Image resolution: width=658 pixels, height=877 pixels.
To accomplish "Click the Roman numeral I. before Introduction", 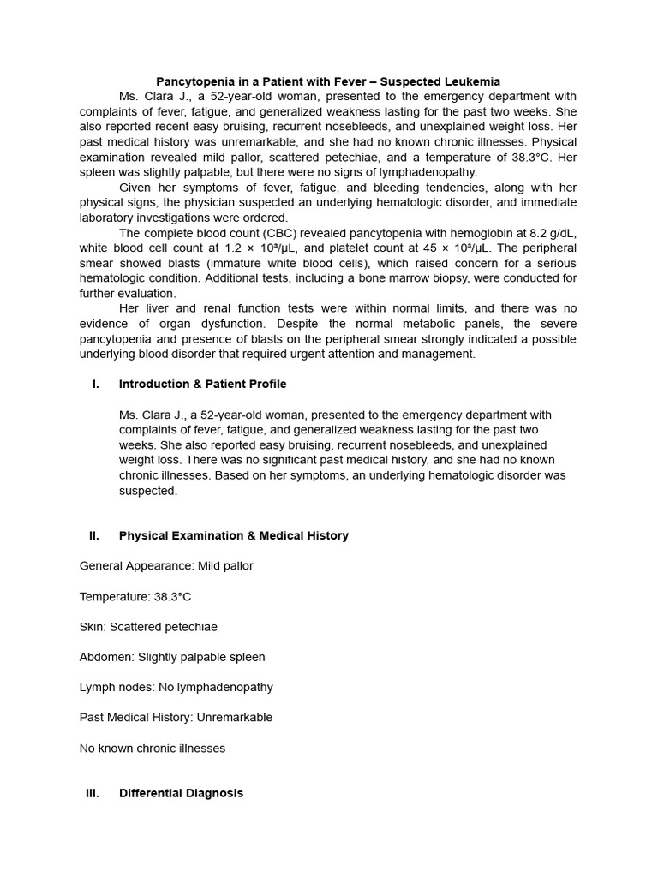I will click(95, 384).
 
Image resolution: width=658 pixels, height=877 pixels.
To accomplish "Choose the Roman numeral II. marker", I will click(93, 535).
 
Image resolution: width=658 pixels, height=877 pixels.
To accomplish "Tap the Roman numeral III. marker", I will click(93, 793).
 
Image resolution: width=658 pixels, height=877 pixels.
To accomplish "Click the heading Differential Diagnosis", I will click(181, 793).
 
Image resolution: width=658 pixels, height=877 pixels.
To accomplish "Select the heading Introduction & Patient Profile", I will click(202, 384).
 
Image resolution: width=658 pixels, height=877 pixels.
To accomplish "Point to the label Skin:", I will click(93, 626).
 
